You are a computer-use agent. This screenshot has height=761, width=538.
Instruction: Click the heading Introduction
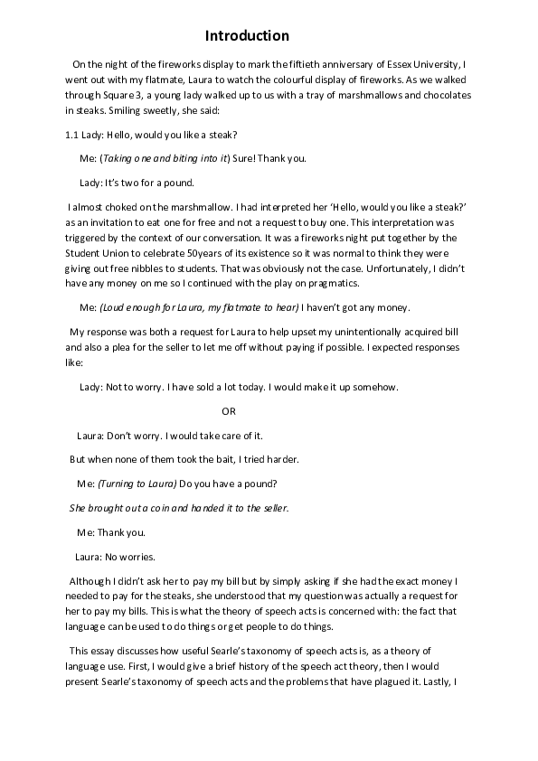tap(247, 36)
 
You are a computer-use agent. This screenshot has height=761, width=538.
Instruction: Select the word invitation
tap(104, 221)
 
